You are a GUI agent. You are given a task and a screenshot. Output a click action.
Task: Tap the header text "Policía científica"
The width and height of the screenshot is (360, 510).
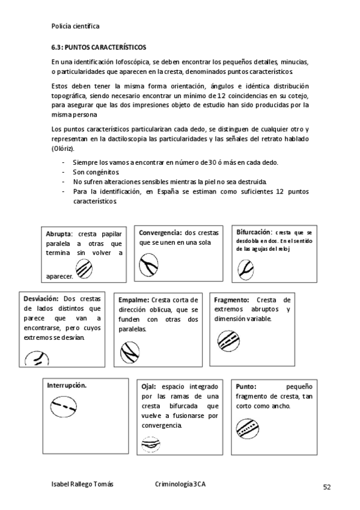pos(75,26)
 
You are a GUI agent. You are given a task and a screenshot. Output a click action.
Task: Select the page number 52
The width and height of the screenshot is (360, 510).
pos(327,487)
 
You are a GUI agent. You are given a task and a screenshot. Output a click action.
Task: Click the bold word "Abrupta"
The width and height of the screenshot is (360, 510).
pos(59,234)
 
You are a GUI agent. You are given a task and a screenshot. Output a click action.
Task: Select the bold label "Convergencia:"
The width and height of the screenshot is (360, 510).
pos(160,233)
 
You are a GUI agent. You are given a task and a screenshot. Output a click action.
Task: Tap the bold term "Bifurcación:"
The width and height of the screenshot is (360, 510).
pos(255,232)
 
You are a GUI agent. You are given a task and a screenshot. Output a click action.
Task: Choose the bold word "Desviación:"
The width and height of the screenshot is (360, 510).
pos(41,298)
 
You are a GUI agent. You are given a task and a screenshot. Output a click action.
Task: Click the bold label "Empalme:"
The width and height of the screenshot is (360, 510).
pos(134,300)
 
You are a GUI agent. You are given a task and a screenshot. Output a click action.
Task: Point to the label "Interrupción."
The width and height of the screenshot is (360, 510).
pos(66,385)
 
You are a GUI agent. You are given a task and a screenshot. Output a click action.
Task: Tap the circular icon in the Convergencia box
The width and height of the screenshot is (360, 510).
pos(148,265)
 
